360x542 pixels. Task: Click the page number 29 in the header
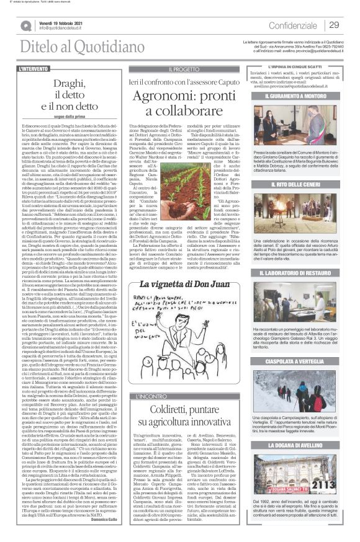click(333, 25)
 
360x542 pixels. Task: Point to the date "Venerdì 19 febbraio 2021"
click(63, 22)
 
